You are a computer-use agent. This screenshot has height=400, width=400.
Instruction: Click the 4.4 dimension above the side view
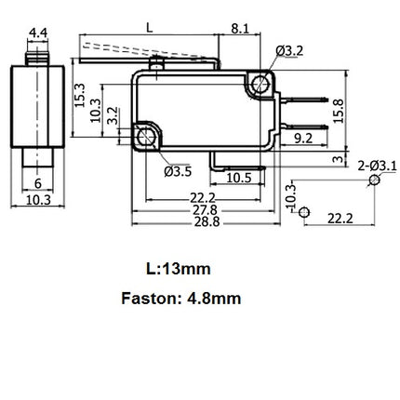pyautogui.click(x=38, y=33)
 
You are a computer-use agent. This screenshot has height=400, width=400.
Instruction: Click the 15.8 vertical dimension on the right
pyautogui.click(x=338, y=110)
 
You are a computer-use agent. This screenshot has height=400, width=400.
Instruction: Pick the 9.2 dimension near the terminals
pyautogui.click(x=303, y=139)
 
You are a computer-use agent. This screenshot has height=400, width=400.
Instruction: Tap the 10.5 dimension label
pyautogui.click(x=239, y=177)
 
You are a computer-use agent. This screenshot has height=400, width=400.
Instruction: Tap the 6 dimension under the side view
pyautogui.click(x=38, y=183)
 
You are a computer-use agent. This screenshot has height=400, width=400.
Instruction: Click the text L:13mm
pyautogui.click(x=179, y=269)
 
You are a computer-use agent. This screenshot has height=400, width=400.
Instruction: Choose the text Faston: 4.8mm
pyautogui.click(x=180, y=299)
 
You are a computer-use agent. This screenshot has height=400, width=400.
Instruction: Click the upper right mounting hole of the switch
pyautogui.click(x=260, y=86)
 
